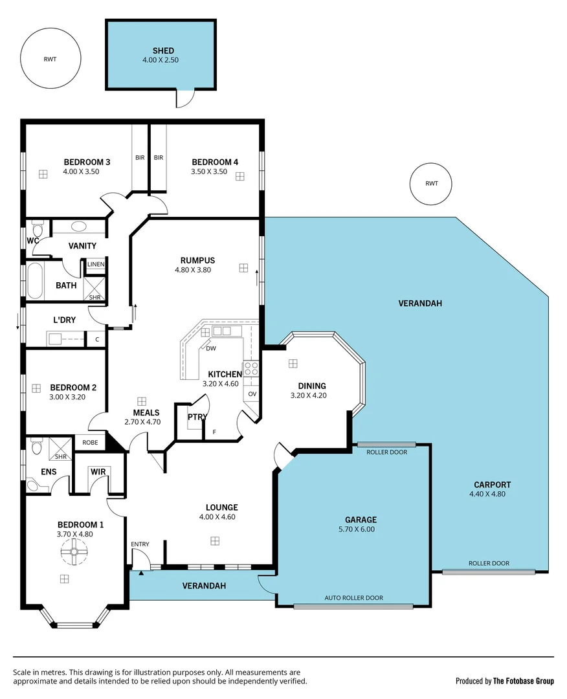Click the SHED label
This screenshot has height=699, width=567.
[x=163, y=51]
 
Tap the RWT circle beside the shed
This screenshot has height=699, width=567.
[x=50, y=60]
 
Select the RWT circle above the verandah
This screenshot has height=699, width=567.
[x=431, y=184]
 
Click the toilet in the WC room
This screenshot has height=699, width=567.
[x=37, y=230]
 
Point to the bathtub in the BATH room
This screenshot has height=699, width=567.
[x=35, y=282]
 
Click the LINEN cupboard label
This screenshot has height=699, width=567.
[x=96, y=264]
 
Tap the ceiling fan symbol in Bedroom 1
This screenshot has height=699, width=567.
[x=74, y=552]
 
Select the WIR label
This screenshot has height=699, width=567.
[x=98, y=472]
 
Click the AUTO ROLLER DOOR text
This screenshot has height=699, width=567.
[x=353, y=598]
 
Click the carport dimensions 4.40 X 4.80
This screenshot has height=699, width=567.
[x=487, y=494]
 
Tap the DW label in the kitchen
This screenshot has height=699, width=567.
[x=211, y=348]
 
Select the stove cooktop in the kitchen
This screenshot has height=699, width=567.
[x=251, y=369]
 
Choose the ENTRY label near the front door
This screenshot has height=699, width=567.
[x=140, y=544]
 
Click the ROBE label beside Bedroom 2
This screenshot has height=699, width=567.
[x=90, y=443]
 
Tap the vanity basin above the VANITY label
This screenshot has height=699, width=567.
[x=79, y=227]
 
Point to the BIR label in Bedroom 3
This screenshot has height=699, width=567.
[x=140, y=157]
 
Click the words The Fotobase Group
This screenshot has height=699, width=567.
[x=523, y=681]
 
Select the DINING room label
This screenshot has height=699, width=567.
[x=312, y=386]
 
